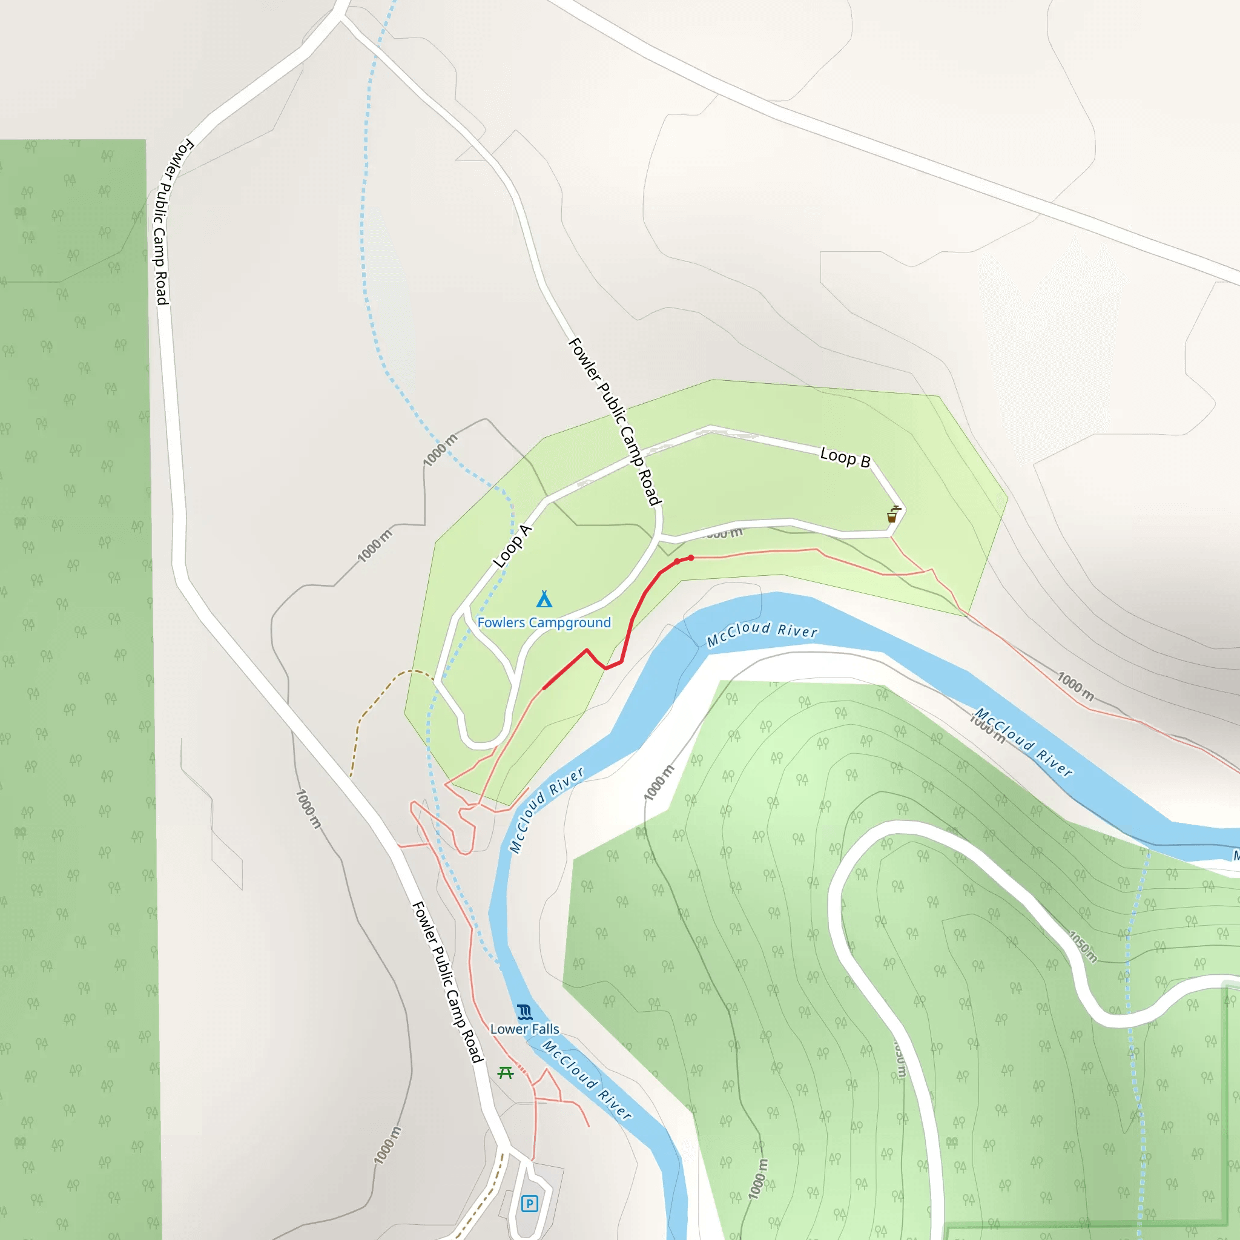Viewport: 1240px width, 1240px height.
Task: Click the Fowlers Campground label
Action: point(544,622)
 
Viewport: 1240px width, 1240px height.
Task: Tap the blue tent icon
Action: point(544,599)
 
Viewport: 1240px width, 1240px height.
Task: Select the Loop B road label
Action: point(845,458)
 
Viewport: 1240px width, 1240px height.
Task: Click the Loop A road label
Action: point(513,546)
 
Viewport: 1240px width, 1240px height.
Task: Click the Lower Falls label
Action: point(524,1029)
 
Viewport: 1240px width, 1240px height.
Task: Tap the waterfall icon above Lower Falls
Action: point(524,1012)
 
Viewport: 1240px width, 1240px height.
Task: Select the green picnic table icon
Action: point(506,1072)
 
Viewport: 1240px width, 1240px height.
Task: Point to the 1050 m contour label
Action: point(1083,947)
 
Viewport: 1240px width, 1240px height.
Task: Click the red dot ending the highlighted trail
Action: point(691,558)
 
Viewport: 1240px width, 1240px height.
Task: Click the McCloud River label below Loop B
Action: point(762,632)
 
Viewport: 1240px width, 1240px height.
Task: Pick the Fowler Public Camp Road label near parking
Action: point(447,982)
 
